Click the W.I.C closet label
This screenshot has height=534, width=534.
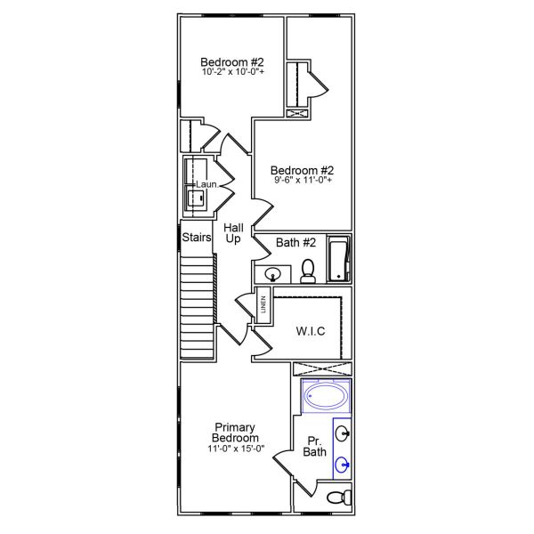pos(310,331)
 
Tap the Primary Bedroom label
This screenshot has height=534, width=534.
pos(236,433)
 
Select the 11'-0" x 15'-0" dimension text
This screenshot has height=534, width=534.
pos(236,449)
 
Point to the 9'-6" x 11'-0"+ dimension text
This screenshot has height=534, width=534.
pos(303,182)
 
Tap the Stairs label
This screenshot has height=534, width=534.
pos(196,238)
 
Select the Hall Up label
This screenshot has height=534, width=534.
pos(233,234)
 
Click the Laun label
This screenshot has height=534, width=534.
pos(206,184)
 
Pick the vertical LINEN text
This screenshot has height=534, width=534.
pos(263,305)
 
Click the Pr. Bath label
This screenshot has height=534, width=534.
pos(315,447)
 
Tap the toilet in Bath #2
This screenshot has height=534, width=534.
pos(308,271)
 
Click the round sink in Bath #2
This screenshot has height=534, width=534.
pos(271,273)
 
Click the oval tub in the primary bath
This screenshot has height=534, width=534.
pos(326,396)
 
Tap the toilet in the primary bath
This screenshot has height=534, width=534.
pos(336,497)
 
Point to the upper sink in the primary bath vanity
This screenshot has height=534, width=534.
pos(343,434)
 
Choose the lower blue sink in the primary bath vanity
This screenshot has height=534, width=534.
pos(343,463)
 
